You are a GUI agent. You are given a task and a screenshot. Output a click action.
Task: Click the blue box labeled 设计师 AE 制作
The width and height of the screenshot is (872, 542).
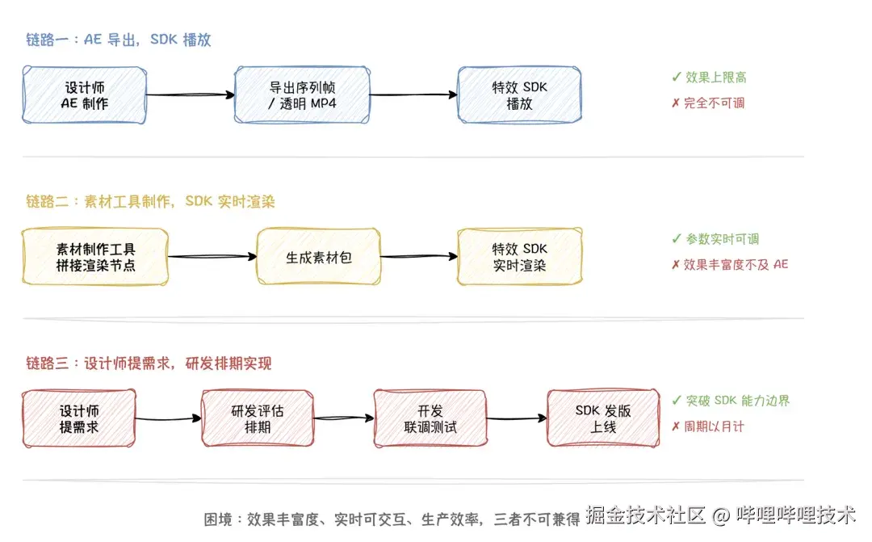point(84,95)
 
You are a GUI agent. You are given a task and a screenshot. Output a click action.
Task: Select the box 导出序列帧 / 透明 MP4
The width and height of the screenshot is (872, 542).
point(302,95)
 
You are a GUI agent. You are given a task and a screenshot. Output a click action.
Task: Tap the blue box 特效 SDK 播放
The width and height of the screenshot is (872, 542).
point(519,95)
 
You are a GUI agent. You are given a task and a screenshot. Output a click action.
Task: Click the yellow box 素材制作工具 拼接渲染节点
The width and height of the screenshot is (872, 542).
point(95,257)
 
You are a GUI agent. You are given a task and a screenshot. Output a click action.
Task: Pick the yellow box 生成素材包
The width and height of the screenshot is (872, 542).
point(319,257)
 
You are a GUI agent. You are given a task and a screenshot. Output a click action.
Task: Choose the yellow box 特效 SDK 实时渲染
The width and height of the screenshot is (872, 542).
point(519,257)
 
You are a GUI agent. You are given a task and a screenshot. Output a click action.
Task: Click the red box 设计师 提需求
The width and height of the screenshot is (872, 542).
point(79,418)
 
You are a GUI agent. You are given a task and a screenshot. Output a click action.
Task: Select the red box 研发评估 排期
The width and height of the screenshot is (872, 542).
point(257,418)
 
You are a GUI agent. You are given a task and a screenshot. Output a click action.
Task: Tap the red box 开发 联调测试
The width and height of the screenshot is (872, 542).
point(430,418)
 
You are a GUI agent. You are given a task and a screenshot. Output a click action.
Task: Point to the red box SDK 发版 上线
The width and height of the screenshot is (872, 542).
point(603,418)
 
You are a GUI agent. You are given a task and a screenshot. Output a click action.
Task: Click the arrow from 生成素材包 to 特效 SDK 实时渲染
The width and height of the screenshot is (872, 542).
point(418,257)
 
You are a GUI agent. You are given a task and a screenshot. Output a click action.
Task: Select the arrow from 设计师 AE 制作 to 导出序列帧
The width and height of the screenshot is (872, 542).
point(190,95)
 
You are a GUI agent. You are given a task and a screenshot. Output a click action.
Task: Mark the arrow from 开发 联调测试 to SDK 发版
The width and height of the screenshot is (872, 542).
point(517,418)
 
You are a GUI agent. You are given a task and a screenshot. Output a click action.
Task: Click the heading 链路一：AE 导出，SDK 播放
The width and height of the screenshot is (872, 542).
point(119,40)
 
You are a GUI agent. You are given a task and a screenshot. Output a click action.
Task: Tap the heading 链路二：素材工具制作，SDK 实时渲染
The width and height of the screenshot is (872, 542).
point(150,201)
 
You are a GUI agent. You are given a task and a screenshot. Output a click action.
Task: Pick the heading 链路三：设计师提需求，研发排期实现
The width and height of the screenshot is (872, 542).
point(149,363)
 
